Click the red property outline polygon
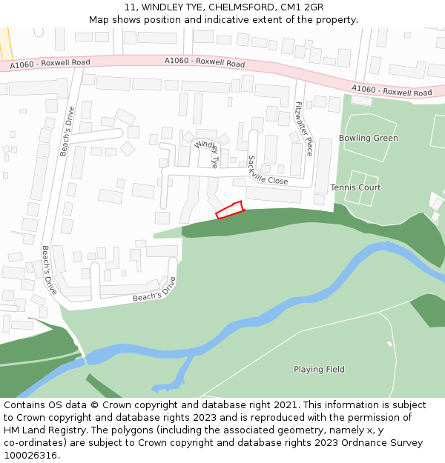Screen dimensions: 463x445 point(230,210)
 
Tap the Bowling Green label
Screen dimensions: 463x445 point(368,139)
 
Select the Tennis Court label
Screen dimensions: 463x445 point(355,187)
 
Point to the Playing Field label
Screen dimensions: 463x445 point(319,370)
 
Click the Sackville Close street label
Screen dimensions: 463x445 point(268,170)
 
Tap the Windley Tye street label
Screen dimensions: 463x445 point(206,153)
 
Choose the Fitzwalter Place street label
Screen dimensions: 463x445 point(304,128)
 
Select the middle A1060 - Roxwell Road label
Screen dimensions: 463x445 point(205,62)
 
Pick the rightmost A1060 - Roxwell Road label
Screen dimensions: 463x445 point(392,91)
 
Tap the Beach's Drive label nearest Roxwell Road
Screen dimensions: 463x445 point(67,132)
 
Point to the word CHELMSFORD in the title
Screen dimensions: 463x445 point(233,7)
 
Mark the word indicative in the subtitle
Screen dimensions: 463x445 point(240,20)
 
